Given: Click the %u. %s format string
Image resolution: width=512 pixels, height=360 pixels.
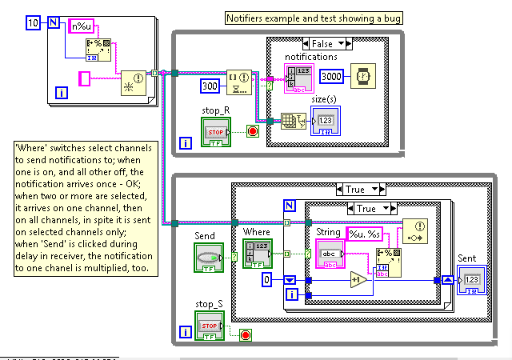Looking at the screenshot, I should coord(365,233).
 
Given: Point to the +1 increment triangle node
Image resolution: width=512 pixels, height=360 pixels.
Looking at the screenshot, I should coord(358,282).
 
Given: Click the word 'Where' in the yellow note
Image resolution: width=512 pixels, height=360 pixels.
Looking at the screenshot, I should coord(35,149).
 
